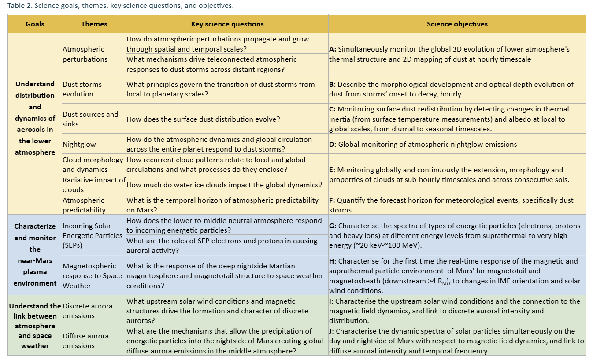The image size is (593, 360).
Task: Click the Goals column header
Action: pos(35,24)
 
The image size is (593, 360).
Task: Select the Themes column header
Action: pos(94,24)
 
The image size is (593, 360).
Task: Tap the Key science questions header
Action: pos(227,24)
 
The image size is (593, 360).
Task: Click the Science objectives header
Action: pos(457,24)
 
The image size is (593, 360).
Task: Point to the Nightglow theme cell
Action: pos(79,144)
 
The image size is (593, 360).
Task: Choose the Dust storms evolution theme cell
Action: pos(82,89)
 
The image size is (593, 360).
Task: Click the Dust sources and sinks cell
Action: pos(90,119)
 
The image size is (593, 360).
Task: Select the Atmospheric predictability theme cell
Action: pos(84,205)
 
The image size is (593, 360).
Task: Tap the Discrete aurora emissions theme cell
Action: pos(87,311)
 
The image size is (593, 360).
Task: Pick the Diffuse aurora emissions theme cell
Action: pos(85,341)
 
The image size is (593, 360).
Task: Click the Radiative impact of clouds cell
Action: pos(94,185)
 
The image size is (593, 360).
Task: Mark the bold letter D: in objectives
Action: pos(333,144)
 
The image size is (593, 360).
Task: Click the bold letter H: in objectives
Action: pos(333,261)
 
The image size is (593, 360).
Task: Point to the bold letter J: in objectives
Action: pos(332,331)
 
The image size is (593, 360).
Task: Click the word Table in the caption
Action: pos(16,6)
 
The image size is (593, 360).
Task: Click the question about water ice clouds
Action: pos(224,185)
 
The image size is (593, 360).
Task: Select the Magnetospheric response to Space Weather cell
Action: pos(92,276)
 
